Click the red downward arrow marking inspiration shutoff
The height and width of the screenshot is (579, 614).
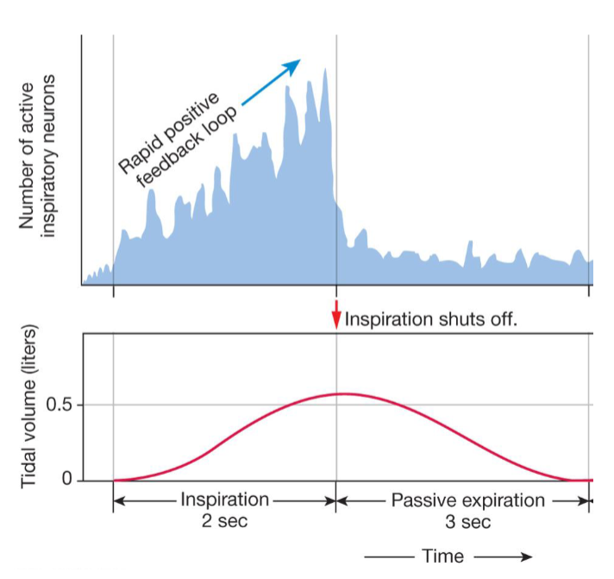pyautogui.click(x=337, y=315)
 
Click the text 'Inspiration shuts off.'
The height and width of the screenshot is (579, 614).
pyautogui.click(x=430, y=319)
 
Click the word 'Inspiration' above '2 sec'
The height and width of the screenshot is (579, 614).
pyautogui.click(x=224, y=500)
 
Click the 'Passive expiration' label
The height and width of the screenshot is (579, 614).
pyautogui.click(x=468, y=500)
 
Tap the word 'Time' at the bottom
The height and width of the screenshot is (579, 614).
pyautogui.click(x=442, y=556)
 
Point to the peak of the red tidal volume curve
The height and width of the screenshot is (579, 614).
pyautogui.click(x=343, y=393)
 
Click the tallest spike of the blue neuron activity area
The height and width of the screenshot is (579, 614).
pyautogui.click(x=325, y=69)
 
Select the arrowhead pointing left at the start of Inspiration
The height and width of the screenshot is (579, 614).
pyautogui.click(x=119, y=500)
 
